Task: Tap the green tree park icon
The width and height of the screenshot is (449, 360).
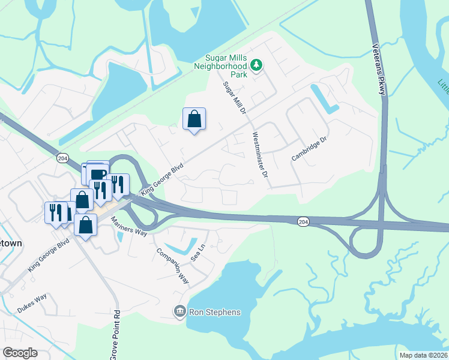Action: tap(257, 64)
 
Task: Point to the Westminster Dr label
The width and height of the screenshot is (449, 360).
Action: tap(259, 155)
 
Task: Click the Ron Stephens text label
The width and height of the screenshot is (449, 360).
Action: tap(215, 312)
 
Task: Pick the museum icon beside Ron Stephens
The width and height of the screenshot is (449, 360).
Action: tap(179, 311)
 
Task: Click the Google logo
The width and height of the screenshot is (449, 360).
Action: tap(20, 353)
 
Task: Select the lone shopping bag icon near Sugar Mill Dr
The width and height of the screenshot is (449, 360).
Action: tap(194, 119)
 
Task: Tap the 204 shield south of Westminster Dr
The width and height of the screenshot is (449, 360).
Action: tap(304, 222)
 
